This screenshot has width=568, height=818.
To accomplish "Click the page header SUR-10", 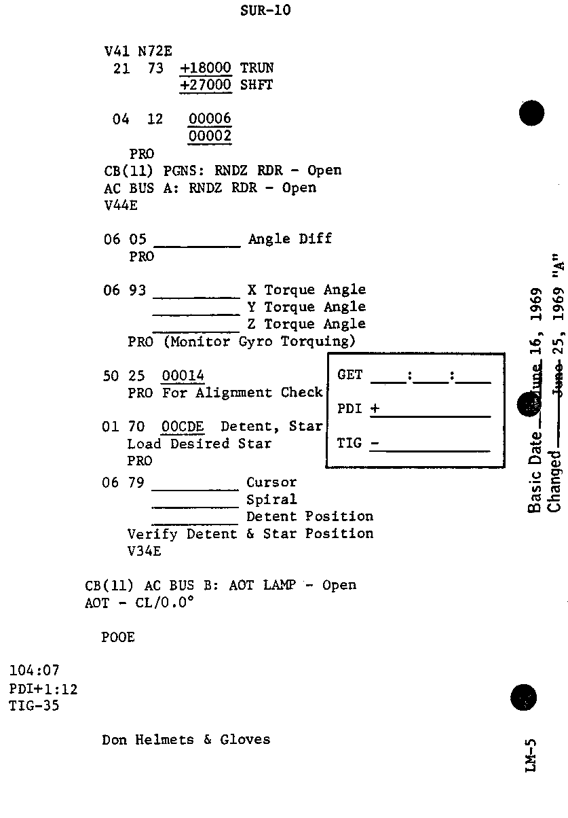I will pyautogui.click(x=265, y=11).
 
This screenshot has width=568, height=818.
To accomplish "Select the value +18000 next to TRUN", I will pyautogui.click(x=206, y=69).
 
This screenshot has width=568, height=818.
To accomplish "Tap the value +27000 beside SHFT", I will pyautogui.click(x=206, y=86).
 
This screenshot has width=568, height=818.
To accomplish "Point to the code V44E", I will pyautogui.click(x=121, y=205).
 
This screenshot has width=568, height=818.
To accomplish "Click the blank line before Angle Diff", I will pyautogui.click(x=197, y=245).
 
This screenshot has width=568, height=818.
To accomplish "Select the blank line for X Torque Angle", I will pyautogui.click(x=197, y=296).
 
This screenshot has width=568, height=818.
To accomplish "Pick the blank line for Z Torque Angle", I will pyautogui.click(x=197, y=331).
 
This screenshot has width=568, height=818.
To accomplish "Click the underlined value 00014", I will pyautogui.click(x=183, y=376).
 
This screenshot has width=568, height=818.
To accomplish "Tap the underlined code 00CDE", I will pyautogui.click(x=183, y=427).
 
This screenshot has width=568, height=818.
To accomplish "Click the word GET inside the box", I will pyautogui.click(x=350, y=375).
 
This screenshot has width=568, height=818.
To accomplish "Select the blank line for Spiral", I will pyautogui.click(x=195, y=506).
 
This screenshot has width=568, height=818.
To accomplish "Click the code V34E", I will pyautogui.click(x=145, y=552).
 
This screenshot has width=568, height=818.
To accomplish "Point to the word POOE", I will pyautogui.click(x=118, y=637).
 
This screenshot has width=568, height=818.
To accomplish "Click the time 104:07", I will pyautogui.click(x=34, y=672).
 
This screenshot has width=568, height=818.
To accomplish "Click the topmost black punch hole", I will pyautogui.click(x=531, y=113).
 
